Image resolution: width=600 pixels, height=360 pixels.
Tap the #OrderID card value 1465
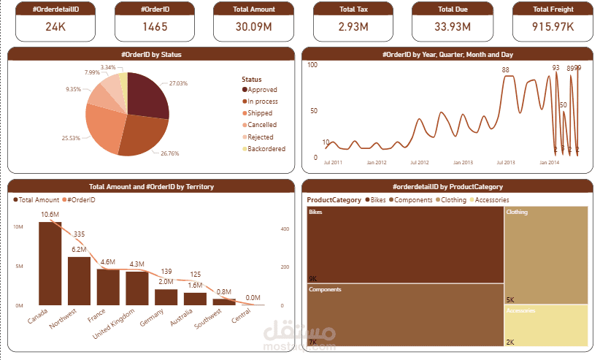pos(155,27)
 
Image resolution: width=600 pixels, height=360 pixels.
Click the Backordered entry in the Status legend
pos(266,149)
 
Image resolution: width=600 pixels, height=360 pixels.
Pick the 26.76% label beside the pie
pos(169,153)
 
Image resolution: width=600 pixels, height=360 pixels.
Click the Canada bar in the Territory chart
pos(50,263)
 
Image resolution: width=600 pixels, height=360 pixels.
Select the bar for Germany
pos(166,296)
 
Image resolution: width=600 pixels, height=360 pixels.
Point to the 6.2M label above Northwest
pos(79,250)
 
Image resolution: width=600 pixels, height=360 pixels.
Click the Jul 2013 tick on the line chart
pos(505,163)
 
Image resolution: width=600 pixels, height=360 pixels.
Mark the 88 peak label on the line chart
pos(505,70)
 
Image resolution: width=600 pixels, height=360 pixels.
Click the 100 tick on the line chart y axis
pos(312,65)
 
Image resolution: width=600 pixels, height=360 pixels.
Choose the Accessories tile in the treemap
pos(546,326)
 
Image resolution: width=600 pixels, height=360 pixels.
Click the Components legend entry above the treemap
pos(413,199)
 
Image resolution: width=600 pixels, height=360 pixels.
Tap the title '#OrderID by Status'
pos(151,54)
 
